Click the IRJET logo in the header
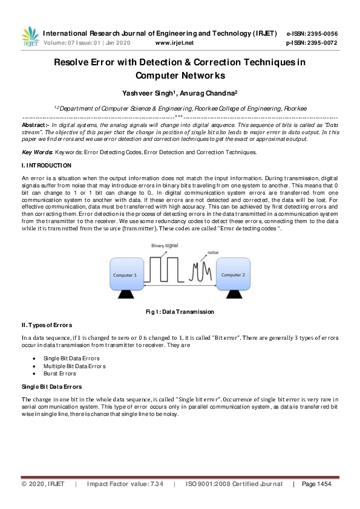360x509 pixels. pos(30,37)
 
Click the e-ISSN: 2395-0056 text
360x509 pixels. pos(312,33)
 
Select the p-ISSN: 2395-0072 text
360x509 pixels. pos(312,44)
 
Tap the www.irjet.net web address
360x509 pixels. pos(174,44)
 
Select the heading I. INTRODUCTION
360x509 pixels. pos(47,165)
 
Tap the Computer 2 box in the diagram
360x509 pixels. pos(232,274)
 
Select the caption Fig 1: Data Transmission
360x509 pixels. pos(180,312)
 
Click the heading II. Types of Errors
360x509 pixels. pos(48,326)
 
